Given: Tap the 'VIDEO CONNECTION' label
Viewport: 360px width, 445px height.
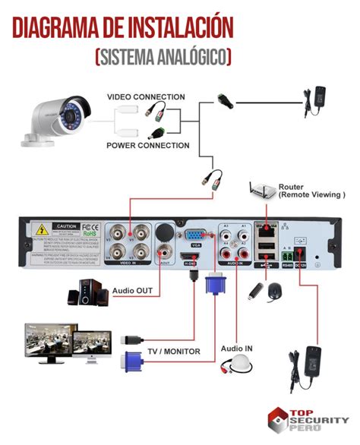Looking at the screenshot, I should [145, 97].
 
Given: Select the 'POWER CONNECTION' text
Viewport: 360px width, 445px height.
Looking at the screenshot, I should [147, 145].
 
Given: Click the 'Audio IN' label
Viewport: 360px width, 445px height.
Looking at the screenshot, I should [236, 349].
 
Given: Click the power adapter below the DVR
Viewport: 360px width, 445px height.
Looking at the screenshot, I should [310, 363].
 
